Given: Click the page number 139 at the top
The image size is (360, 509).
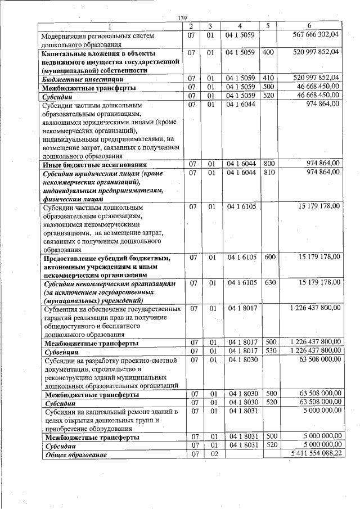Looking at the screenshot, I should coord(182,19).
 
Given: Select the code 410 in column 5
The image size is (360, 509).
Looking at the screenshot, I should coord(268,78).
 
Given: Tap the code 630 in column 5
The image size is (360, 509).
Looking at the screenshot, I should coord(269,282).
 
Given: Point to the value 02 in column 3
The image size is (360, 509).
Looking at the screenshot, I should coord(210,453).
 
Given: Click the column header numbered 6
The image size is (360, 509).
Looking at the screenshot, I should coord(309,26).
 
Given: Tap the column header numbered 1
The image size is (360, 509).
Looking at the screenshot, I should coord(110,26).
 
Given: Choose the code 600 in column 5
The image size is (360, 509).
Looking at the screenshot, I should coord(269,257).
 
